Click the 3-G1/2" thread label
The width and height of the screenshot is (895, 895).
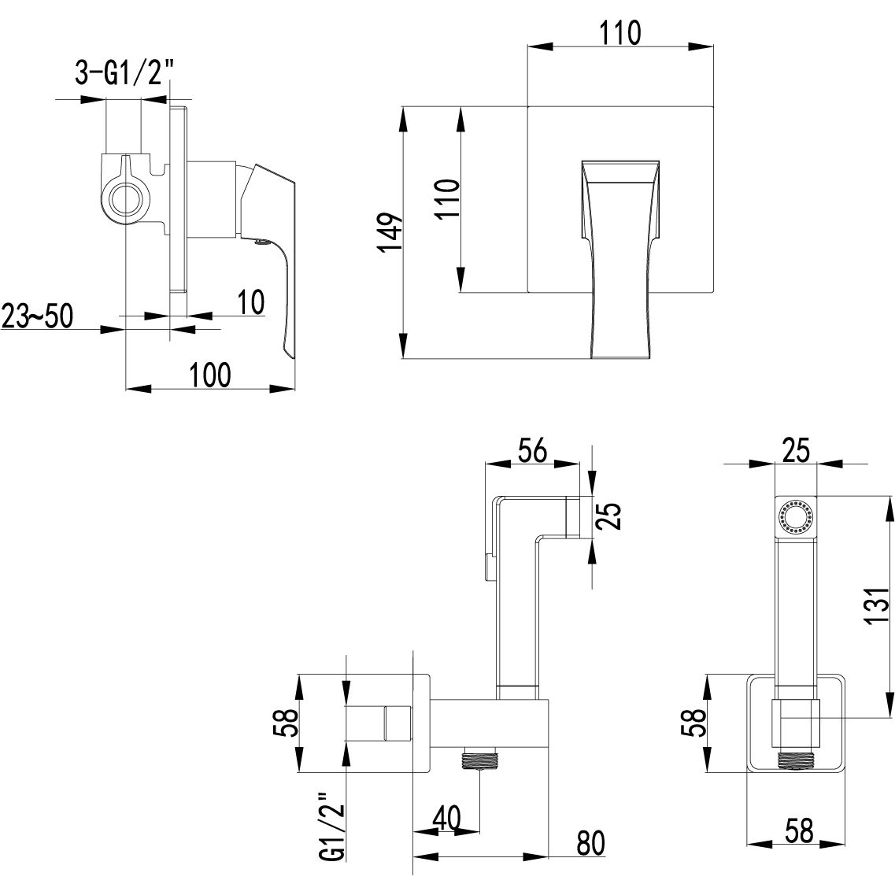pyautogui.click(x=124, y=76)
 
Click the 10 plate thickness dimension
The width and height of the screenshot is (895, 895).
pyautogui.click(x=250, y=303)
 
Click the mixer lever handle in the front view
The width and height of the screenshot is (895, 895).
pyautogui.click(x=619, y=260)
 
